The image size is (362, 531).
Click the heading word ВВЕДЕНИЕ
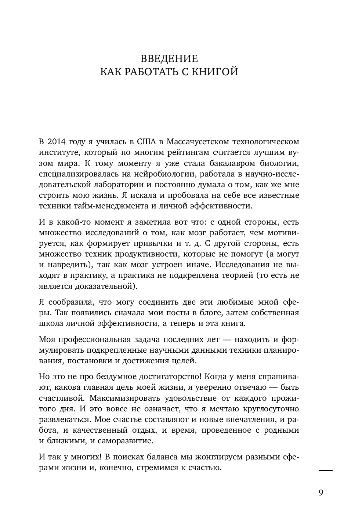(x=169, y=59)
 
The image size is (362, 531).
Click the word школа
(x=49, y=323)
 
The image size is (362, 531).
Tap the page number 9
(x=321, y=493)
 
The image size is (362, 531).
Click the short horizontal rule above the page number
(x=325, y=470)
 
